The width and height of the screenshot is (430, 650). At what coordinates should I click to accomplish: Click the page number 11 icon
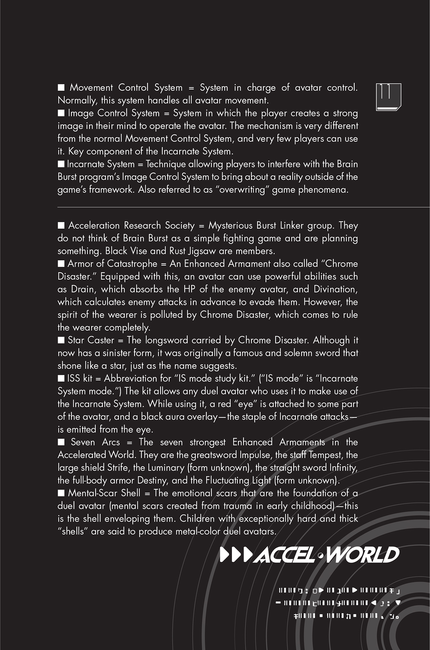388,97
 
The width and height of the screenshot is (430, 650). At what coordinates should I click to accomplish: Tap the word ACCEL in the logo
284,555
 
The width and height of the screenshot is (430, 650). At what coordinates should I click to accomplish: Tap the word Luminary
166,468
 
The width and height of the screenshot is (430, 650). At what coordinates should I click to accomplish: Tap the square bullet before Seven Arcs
61,442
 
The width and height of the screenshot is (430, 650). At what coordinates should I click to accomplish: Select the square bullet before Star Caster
61,340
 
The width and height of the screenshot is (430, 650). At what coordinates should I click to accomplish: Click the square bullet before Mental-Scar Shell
61,493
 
